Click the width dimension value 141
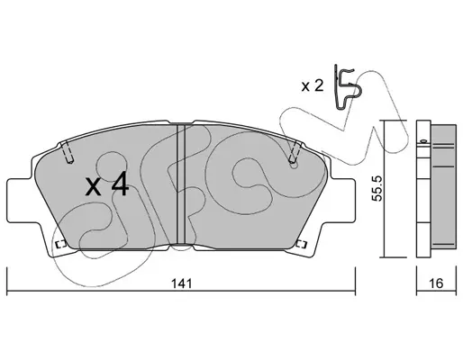[x=181, y=283]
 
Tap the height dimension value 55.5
[x=377, y=188]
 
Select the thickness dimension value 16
[x=436, y=283]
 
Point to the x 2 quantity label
[x=313, y=86]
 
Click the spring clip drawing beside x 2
[x=347, y=87]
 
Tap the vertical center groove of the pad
[x=181, y=184]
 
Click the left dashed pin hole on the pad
[x=68, y=152]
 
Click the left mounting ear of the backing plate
[x=20, y=201]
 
